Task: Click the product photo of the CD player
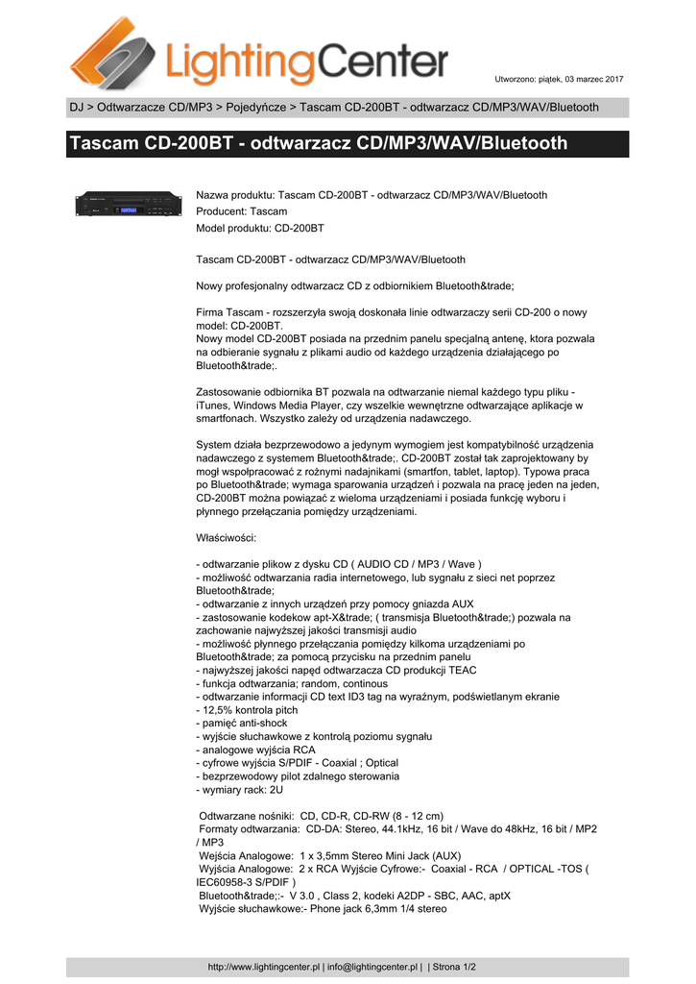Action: click(129, 206)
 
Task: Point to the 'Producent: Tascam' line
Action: click(241, 211)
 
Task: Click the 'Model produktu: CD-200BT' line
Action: click(259, 229)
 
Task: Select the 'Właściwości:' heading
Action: click(226, 537)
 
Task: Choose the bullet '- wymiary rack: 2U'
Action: click(239, 789)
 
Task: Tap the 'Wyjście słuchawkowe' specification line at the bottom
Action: click(322, 907)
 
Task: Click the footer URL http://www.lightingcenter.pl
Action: click(264, 967)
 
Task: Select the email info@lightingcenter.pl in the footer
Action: click(372, 967)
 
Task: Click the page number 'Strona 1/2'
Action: click(455, 967)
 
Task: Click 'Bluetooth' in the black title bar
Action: click(520, 144)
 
